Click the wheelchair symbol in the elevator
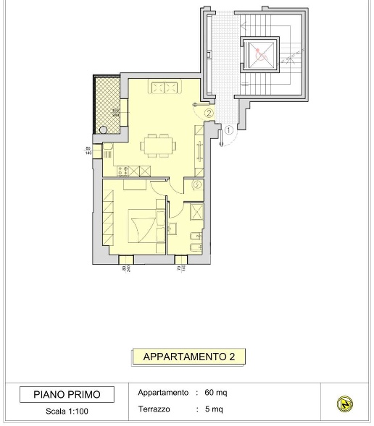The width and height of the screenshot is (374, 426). coord(261,53)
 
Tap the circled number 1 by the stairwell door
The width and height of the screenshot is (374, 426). coord(229,131)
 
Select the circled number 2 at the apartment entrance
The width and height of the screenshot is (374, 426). coord(209,114)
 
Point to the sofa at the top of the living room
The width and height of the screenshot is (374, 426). coord(164,88)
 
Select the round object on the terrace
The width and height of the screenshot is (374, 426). coord(104,130)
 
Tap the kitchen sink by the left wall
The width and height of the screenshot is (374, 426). coord(107,153)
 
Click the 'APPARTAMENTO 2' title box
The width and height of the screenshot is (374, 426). coord(188,357)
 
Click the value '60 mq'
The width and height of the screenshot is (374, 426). coord(216,393)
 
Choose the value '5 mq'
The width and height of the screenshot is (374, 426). coord(214,409)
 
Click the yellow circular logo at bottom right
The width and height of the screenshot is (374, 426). coord(346,404)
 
